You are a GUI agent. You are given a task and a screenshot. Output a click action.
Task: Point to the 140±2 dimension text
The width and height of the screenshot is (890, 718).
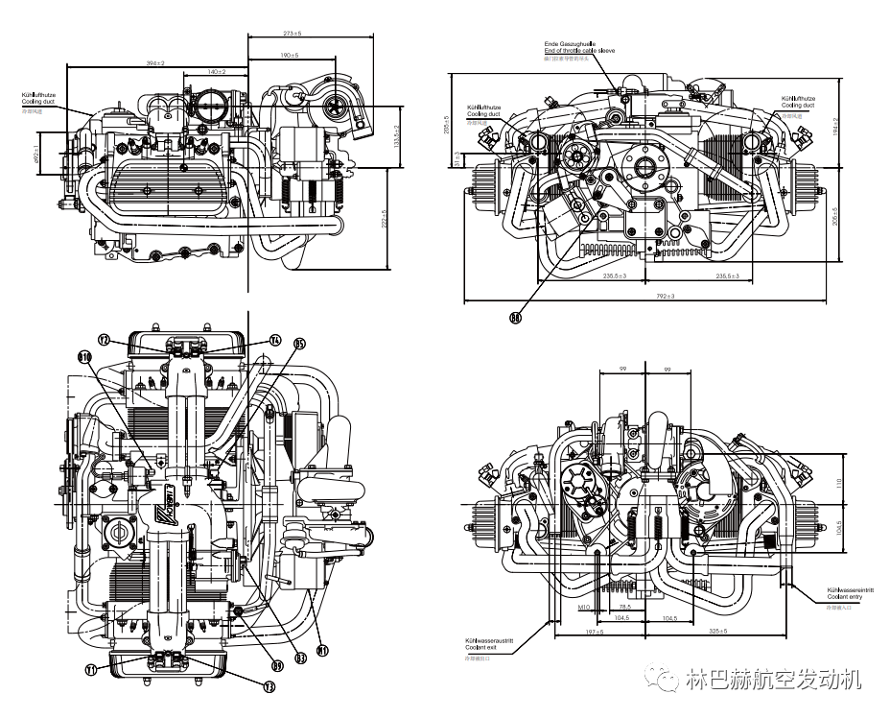point(216,73)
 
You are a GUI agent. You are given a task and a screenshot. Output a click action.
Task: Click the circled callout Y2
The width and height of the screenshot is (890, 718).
point(106,339)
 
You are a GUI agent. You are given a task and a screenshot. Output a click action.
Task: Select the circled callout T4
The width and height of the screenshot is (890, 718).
point(274,340)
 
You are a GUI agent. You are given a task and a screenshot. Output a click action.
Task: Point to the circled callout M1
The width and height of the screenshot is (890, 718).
point(323,651)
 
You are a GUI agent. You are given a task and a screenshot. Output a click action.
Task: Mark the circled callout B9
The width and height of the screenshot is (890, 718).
point(277,664)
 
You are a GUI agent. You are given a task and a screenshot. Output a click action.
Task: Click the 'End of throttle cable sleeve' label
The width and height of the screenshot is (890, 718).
point(579,50)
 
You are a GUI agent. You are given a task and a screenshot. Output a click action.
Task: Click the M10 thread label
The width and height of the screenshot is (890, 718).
point(583,608)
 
